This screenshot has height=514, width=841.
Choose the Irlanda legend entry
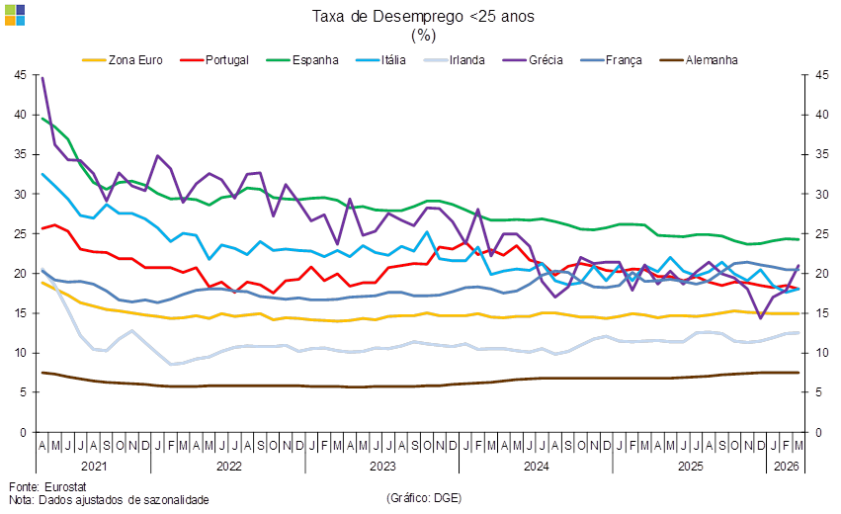pyautogui.click(x=465, y=60)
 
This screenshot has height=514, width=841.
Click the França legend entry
pyautogui.click(x=624, y=60)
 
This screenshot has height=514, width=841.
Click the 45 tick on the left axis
pyautogui.click(x=20, y=75)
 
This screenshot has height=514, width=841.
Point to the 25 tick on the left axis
pyautogui.click(x=20, y=234)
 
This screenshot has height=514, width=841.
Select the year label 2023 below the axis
pyautogui.click(x=381, y=465)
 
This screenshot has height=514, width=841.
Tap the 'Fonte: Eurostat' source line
pyautogui.click(x=48, y=486)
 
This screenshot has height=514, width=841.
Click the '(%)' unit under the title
pyautogui.click(x=423, y=36)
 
